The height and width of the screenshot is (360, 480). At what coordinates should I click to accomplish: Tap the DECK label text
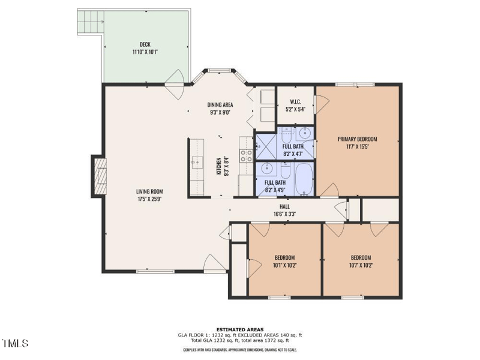point(145,44)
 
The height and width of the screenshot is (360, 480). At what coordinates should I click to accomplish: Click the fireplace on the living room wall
point(98,176)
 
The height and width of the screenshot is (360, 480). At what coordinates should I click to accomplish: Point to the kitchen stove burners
point(246,156)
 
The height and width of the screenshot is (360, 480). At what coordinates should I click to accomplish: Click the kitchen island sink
point(197,163)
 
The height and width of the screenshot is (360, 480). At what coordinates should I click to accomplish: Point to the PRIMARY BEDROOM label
point(358,139)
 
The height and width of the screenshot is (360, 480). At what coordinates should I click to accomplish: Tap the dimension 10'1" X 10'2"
point(285,265)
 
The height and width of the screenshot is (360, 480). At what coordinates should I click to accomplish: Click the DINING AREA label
point(220,104)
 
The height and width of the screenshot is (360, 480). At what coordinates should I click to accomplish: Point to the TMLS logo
point(16,344)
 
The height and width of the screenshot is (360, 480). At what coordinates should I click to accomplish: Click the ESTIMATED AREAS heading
point(240,329)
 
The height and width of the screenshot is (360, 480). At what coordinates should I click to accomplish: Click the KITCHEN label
point(219,166)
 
